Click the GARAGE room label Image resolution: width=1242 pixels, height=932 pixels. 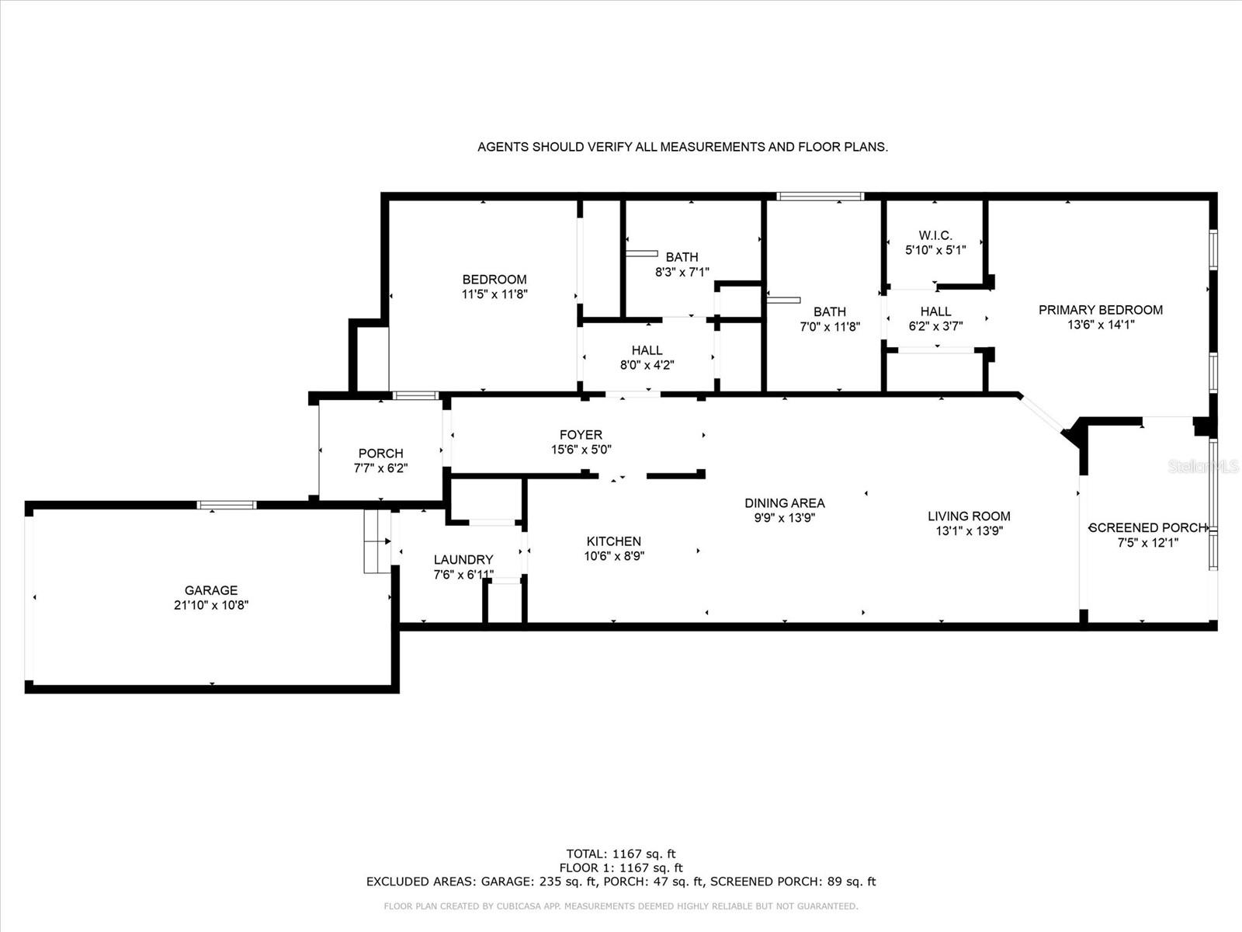211,590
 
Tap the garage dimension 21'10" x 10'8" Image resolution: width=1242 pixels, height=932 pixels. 211,606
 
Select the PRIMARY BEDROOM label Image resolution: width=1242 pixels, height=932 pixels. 1101,310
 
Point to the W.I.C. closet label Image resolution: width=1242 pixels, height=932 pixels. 935,235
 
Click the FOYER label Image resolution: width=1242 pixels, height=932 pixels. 581,435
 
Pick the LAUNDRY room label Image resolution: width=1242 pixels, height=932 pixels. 463,560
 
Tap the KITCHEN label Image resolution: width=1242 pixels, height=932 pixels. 614,541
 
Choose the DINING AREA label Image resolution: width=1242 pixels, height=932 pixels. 785,503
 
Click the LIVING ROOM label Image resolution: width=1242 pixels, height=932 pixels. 970,516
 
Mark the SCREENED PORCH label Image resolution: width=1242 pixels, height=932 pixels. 1147,528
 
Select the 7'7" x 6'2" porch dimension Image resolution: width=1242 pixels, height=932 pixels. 381,468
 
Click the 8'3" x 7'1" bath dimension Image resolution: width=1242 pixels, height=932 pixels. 682,272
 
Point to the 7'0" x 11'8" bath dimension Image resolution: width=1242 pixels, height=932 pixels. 830,326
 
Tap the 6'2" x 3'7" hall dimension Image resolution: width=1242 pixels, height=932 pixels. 936,326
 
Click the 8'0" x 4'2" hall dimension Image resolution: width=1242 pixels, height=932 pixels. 647,365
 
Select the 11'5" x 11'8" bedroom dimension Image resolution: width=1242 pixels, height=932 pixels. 494,294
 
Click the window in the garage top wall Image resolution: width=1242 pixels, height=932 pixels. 227,505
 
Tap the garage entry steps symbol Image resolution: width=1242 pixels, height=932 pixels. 377,541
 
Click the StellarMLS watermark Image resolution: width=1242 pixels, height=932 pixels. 1203,466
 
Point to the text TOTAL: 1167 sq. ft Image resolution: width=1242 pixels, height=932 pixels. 621,854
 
